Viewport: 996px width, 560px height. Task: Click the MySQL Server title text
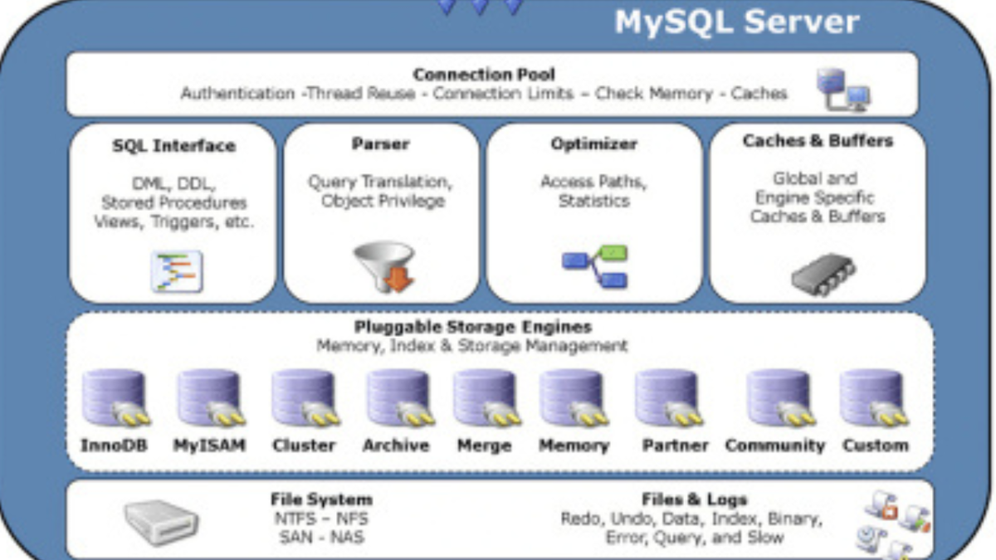[x=736, y=22]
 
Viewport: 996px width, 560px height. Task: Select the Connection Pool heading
[x=484, y=75]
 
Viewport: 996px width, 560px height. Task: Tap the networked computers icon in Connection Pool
[x=842, y=90]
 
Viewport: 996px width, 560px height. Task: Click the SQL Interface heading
[x=173, y=146]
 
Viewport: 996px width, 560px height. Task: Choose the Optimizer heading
[x=593, y=144]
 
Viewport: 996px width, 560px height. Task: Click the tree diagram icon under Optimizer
[x=594, y=266]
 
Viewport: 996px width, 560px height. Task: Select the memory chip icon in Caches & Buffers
[x=822, y=273]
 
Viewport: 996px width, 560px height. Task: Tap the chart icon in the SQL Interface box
[x=177, y=270]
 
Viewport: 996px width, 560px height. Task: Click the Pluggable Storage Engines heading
[x=473, y=326]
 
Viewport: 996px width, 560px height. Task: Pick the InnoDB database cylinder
[x=115, y=397]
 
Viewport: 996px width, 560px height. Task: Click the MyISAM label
[x=209, y=446]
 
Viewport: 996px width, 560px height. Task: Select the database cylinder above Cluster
[x=305, y=397]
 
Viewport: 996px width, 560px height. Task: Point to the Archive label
[x=396, y=446]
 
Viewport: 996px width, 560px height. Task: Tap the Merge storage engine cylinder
[x=485, y=397]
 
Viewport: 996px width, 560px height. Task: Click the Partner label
[x=675, y=446]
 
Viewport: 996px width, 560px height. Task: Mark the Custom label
[x=875, y=446]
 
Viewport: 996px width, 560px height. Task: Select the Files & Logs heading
[x=694, y=499]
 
